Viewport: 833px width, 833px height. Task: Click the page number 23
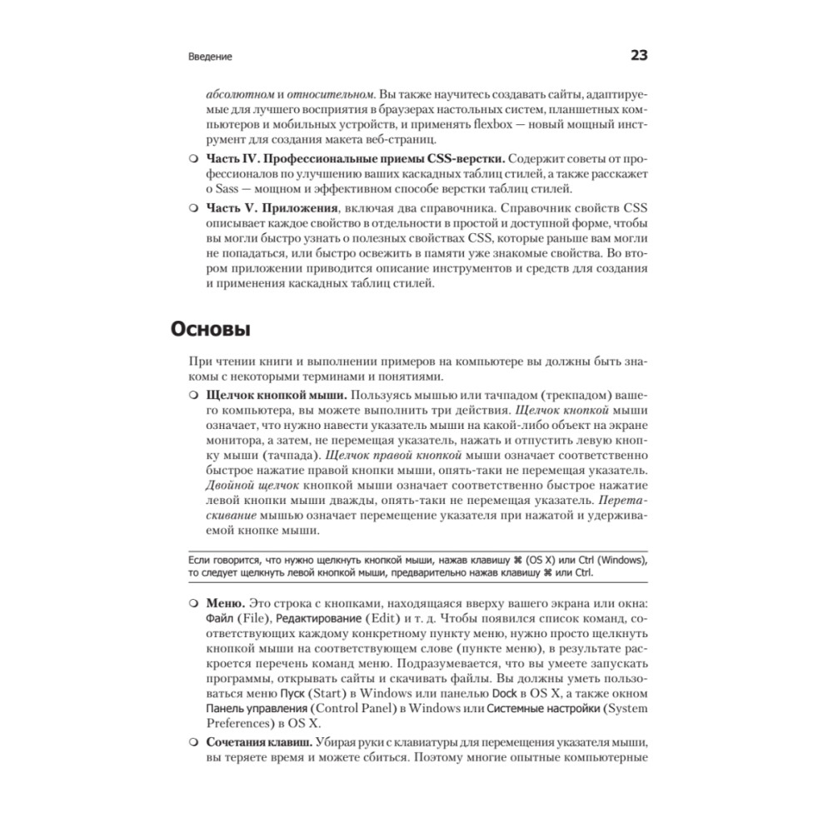(x=638, y=57)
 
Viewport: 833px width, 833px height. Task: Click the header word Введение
(x=210, y=57)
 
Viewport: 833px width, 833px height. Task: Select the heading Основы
(x=211, y=330)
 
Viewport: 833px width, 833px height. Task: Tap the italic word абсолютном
(x=235, y=95)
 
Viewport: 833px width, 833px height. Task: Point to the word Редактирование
(x=318, y=618)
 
